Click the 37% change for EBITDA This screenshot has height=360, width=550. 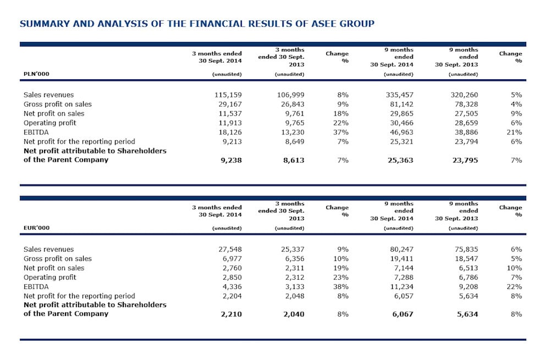[342, 132]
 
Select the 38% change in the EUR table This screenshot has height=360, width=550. [342, 286]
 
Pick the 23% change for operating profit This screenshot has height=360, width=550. [342, 277]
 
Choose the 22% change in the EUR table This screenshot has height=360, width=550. [514, 286]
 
